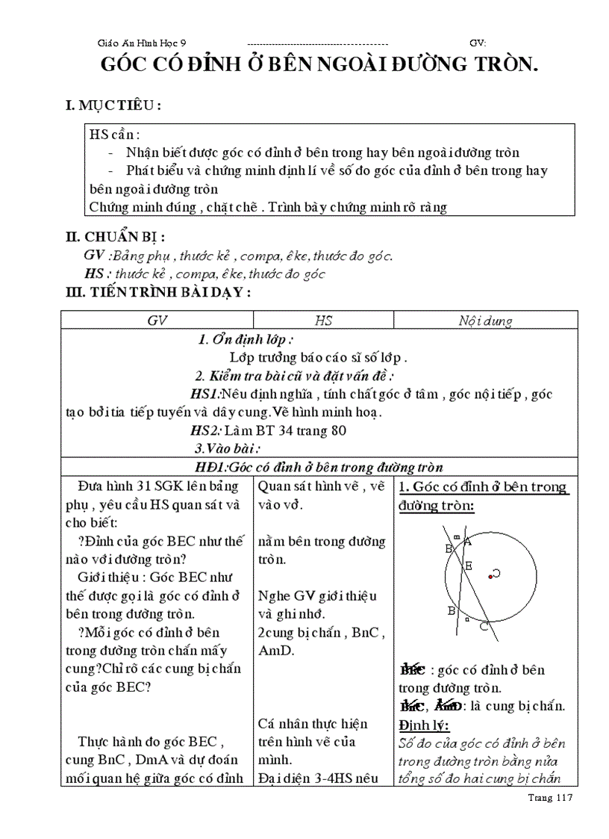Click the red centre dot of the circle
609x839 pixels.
point(490,575)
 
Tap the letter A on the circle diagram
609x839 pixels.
point(467,542)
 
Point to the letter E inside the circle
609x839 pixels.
point(469,566)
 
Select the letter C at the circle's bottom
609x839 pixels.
point(484,626)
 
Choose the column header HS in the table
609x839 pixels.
point(323,321)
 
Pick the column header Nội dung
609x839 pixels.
point(485,321)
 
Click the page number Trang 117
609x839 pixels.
point(549,798)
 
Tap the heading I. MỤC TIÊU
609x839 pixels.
point(113,106)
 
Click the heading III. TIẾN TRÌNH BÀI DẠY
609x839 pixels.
point(158,292)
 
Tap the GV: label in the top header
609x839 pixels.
point(478,44)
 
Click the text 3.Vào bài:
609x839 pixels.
point(226,449)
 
